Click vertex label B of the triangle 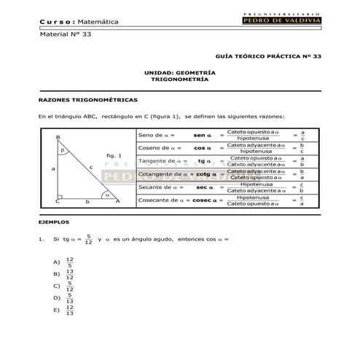point(57,137)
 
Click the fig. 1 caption point(112,156)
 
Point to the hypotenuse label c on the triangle point(91,167)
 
